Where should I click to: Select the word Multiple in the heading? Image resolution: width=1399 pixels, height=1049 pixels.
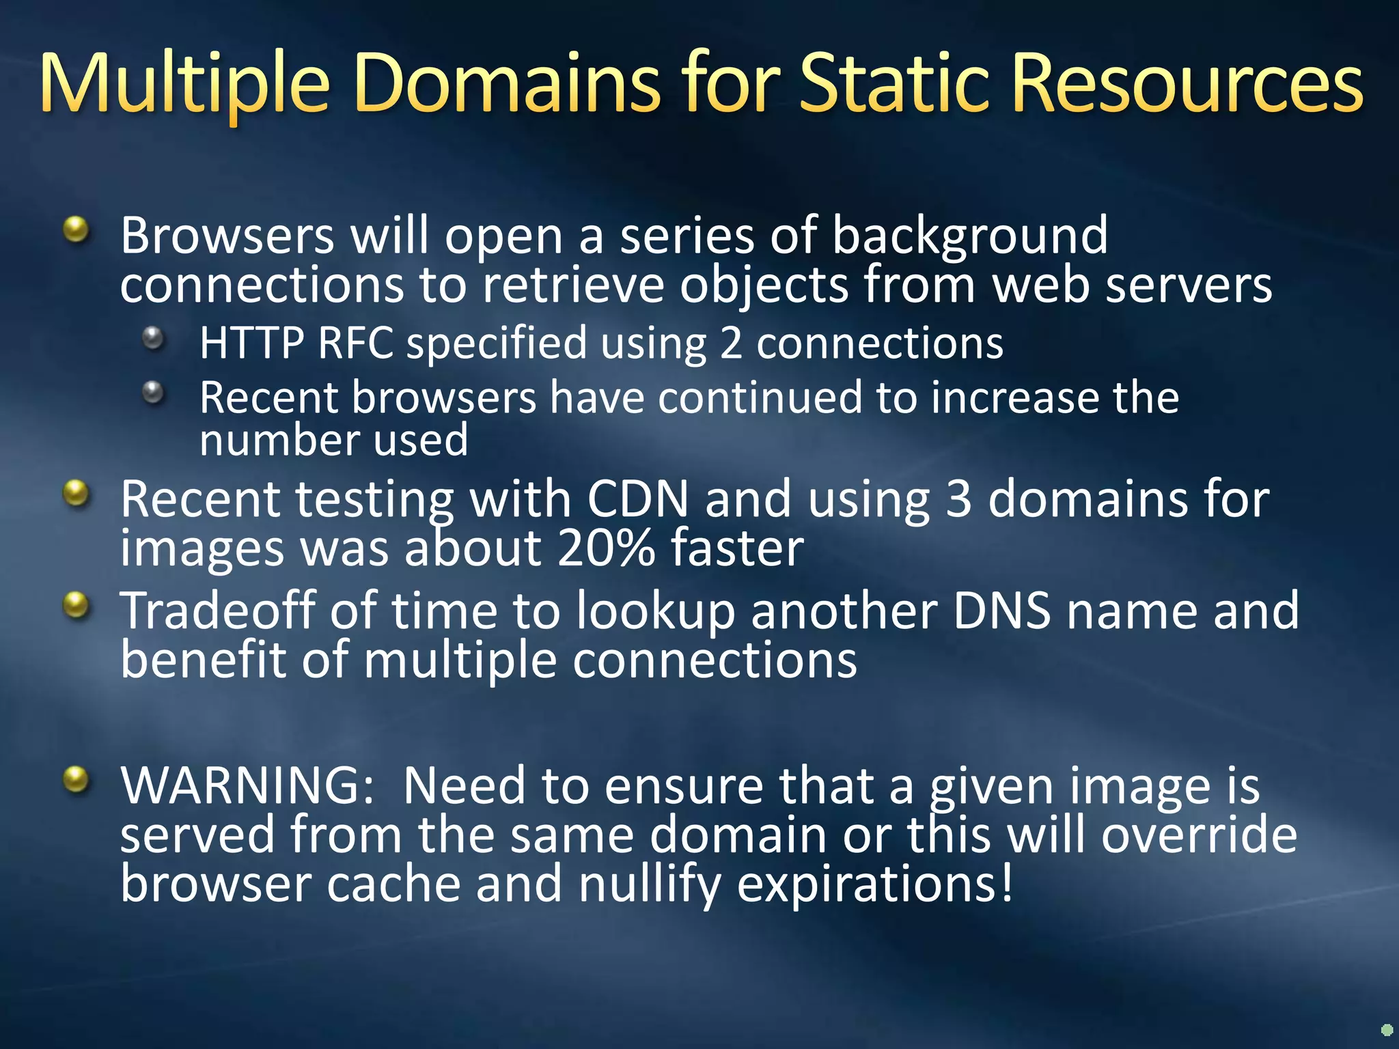(x=185, y=85)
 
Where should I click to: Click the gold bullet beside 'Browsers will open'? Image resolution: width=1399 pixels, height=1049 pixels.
(x=77, y=229)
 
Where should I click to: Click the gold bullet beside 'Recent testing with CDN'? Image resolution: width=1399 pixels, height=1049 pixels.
(x=77, y=493)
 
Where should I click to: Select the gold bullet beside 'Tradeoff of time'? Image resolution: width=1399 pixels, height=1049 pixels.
(x=77, y=605)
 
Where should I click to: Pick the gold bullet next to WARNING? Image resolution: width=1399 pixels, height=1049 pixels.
(x=77, y=780)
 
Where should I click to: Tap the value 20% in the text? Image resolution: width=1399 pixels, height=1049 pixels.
(x=607, y=548)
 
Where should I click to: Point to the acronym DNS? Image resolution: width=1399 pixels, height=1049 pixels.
(x=1001, y=611)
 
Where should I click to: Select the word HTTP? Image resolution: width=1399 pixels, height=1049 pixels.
(x=251, y=343)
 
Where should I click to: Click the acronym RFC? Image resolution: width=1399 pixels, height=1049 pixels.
(x=356, y=343)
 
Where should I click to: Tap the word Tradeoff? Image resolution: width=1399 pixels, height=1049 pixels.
(x=218, y=611)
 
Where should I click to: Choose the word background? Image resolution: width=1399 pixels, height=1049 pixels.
(x=970, y=236)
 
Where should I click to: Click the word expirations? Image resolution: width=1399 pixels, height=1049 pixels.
(x=875, y=884)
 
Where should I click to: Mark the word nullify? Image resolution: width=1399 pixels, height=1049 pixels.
(x=650, y=884)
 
